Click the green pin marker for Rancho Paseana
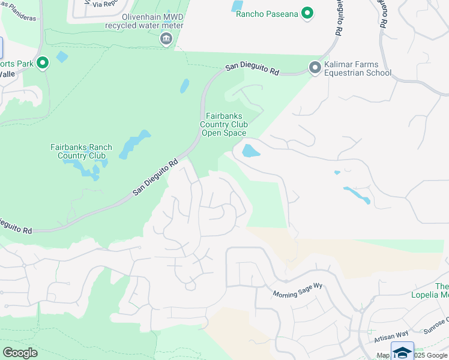pyautogui.click(x=308, y=13)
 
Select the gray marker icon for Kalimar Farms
pyautogui.click(x=314, y=68)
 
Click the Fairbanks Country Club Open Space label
pyautogui.click(x=223, y=124)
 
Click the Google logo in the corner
pyautogui.click(x=20, y=353)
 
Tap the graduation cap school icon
pyautogui.click(x=402, y=352)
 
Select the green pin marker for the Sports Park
pyautogui.click(x=43, y=63)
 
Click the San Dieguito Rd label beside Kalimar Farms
pyautogui.click(x=252, y=70)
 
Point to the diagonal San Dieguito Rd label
pyautogui.click(x=156, y=177)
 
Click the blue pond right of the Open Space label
pyautogui.click(x=250, y=151)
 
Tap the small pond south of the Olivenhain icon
pyautogui.click(x=184, y=86)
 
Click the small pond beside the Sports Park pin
pyautogui.click(x=62, y=58)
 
